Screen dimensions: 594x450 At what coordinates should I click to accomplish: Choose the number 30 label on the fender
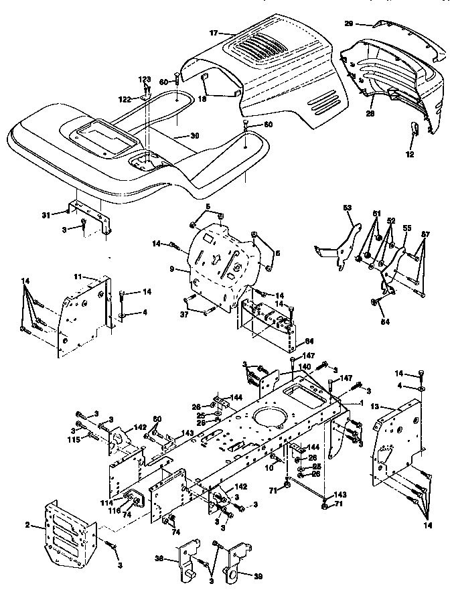click(194, 135)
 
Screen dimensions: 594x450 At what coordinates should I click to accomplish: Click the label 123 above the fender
click(145, 80)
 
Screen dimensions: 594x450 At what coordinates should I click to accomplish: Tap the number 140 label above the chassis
click(305, 367)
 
